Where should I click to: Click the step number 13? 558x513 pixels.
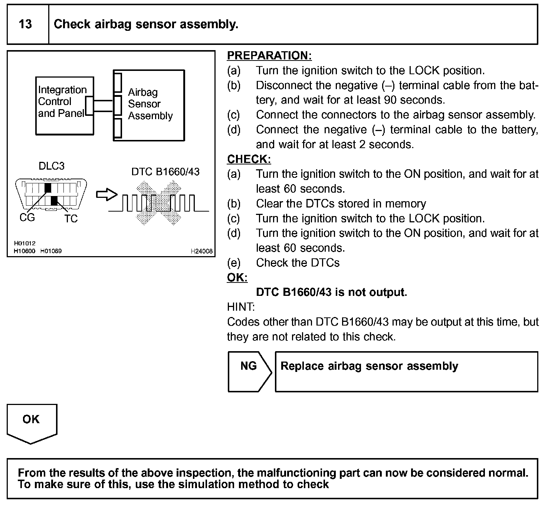tap(25, 24)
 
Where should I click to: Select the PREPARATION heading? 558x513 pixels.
tap(269, 56)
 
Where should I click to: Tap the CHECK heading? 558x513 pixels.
tap(249, 159)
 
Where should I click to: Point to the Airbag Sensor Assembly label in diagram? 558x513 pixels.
tap(150, 104)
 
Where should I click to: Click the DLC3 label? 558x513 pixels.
tap(52, 166)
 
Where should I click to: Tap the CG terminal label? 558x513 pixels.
tap(27, 218)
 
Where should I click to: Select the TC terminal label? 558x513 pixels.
tap(70, 219)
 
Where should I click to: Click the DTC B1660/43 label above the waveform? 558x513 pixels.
tap(165, 171)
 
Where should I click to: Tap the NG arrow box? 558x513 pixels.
tap(249, 371)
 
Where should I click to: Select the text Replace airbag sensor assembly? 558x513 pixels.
tap(369, 366)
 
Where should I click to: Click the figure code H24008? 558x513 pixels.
tap(201, 251)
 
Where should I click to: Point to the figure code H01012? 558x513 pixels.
tap(24, 243)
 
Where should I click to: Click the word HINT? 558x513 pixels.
tap(241, 307)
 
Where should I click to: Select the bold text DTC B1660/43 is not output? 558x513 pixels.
tap(331, 292)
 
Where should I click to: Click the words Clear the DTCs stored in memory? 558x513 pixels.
tap(341, 203)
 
